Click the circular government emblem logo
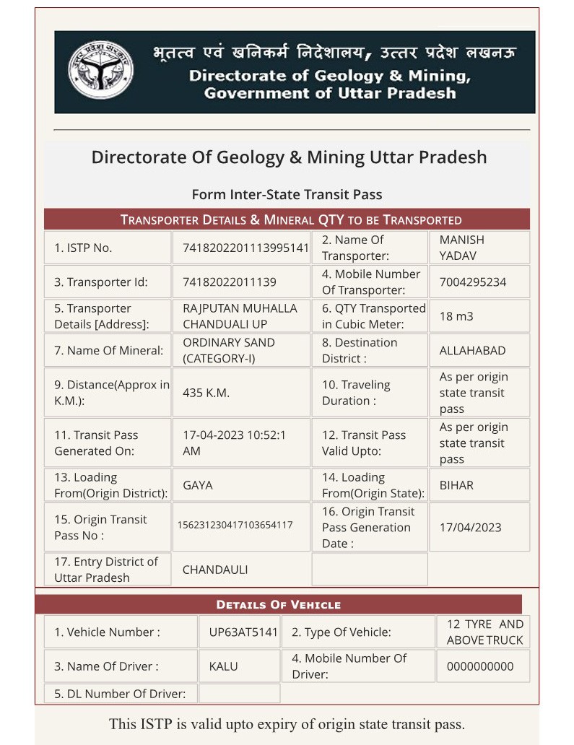coord(100,71)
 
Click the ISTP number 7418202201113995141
coord(245,248)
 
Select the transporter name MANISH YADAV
coord(461,248)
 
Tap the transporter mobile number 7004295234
coord(472,282)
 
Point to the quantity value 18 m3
coord(456,316)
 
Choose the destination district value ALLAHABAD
coord(472,351)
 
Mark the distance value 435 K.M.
coord(206,393)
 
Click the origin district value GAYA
coord(198,485)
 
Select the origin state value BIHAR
coord(456,485)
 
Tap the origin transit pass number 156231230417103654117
coord(235,525)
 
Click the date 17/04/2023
coord(470,528)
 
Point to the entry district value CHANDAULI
coord(215,570)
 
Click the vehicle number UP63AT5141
coord(243,632)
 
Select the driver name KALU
coord(223,666)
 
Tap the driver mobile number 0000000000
coord(480,666)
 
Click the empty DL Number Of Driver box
coord(239,694)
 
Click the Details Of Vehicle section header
coord(279,604)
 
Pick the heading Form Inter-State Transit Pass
coord(287,194)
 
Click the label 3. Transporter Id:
coord(100,282)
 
